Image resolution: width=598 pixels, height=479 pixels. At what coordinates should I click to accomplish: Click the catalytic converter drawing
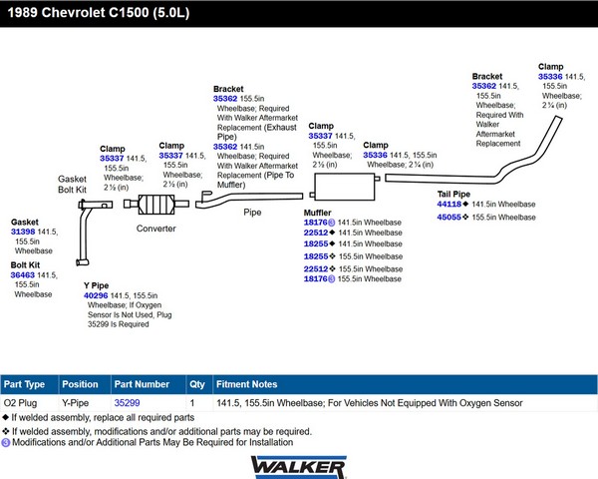point(156,204)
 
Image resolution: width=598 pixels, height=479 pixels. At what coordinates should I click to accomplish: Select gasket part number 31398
point(23,232)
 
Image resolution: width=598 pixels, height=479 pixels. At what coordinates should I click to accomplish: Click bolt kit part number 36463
point(23,275)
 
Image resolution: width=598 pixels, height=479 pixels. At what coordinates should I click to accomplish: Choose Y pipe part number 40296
point(96,295)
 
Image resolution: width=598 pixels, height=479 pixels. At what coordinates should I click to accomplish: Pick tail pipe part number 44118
point(449,205)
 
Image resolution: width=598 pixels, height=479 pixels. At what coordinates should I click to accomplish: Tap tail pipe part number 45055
point(449,218)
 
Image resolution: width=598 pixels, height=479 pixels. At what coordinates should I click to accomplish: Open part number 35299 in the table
point(127,403)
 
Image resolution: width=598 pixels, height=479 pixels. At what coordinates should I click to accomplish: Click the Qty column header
point(197,384)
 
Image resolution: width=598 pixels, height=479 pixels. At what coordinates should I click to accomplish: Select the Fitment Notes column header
point(247,384)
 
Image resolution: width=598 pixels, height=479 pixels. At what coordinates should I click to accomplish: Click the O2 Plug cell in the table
point(20,403)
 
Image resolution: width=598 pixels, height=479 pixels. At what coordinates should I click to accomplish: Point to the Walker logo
point(299,467)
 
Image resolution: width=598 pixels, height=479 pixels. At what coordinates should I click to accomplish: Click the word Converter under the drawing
point(156,229)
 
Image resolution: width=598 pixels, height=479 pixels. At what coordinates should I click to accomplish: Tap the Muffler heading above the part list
point(317,213)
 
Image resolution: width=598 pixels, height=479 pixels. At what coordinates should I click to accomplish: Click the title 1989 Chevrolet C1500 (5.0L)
point(99,13)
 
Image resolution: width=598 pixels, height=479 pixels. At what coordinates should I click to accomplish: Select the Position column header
point(80,384)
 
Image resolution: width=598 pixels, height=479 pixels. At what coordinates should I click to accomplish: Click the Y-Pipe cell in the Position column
point(75,403)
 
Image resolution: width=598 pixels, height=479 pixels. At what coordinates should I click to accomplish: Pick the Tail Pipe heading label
point(453,194)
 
